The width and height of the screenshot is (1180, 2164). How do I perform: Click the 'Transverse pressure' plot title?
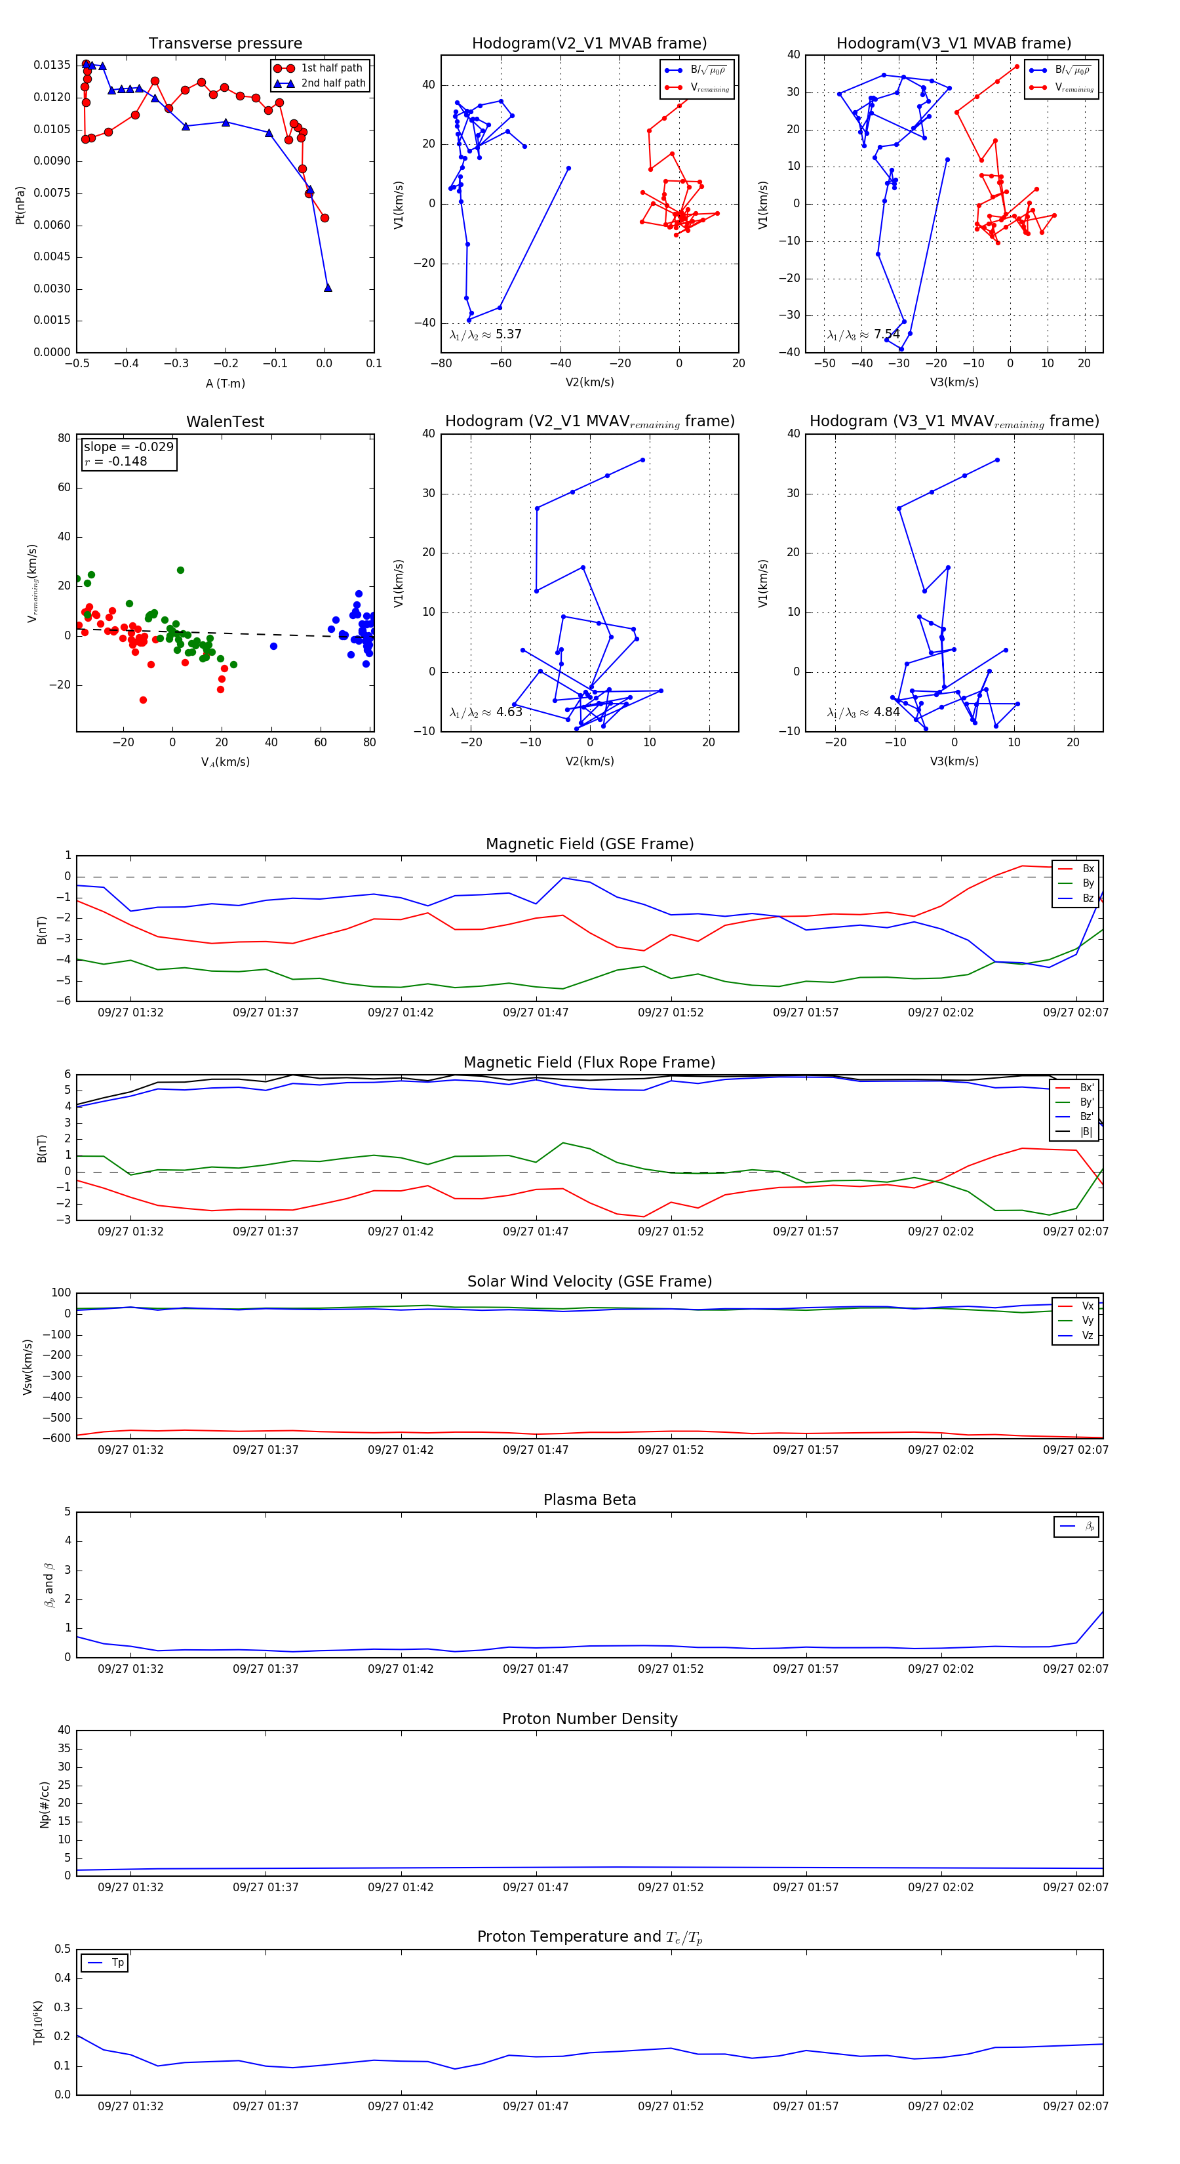click(x=225, y=44)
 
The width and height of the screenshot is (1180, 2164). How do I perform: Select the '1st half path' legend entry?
click(x=331, y=68)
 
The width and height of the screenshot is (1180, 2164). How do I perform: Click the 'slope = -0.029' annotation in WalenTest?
click(x=128, y=447)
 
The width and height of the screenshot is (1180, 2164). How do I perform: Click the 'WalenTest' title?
click(x=225, y=422)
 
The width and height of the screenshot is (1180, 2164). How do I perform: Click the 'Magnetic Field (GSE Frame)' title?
click(x=589, y=844)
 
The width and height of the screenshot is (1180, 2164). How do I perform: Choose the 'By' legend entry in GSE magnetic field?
click(x=1088, y=883)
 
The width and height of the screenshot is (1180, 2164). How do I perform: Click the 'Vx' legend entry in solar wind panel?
click(x=1088, y=1306)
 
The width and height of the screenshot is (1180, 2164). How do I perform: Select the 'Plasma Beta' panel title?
click(x=589, y=1500)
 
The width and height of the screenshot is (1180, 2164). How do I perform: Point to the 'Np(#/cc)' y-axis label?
click(x=45, y=1805)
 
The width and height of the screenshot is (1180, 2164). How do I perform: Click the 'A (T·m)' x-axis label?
click(x=225, y=384)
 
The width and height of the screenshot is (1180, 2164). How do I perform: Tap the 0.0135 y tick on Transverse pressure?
click(x=52, y=66)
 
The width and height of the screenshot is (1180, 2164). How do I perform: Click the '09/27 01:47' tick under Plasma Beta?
click(x=535, y=1669)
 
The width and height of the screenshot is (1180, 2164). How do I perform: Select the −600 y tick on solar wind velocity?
click(x=56, y=1438)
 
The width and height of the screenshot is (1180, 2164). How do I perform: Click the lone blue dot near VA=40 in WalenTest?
click(x=273, y=646)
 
